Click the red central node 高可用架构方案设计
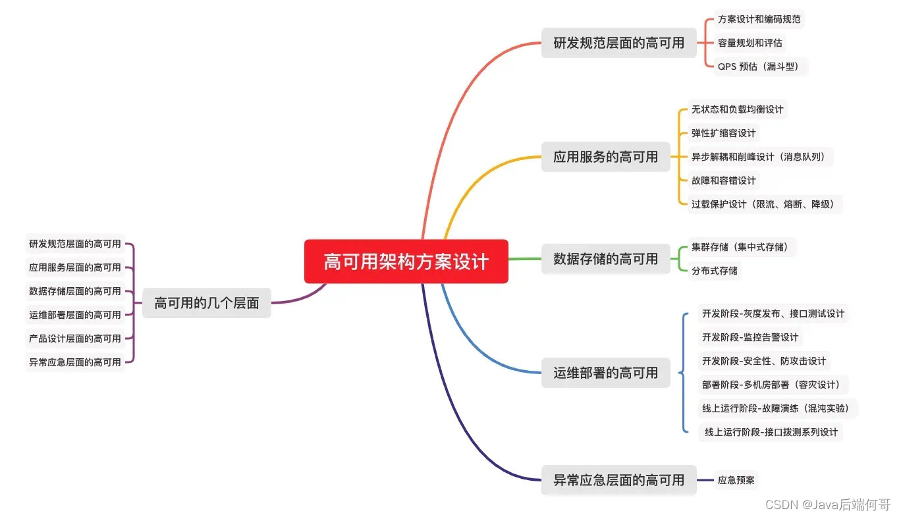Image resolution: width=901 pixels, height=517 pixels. click(x=406, y=261)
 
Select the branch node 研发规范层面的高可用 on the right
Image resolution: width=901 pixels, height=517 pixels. click(x=618, y=43)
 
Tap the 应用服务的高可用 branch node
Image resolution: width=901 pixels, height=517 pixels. click(x=605, y=157)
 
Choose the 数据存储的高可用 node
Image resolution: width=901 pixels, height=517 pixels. click(x=605, y=259)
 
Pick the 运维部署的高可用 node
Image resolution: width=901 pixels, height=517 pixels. click(x=605, y=373)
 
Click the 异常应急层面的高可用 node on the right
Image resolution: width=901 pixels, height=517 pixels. click(x=618, y=480)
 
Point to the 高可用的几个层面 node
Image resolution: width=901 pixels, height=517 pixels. click(x=207, y=303)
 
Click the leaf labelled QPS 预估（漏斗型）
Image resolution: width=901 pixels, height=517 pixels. click(x=760, y=67)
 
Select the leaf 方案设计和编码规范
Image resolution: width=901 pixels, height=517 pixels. click(x=759, y=19)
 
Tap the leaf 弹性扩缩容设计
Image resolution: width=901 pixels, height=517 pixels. click(x=723, y=133)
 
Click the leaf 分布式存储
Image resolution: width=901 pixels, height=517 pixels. click(x=714, y=271)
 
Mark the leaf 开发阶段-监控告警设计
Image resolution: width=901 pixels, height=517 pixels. click(x=750, y=337)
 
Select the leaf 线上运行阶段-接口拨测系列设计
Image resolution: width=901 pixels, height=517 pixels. click(x=771, y=432)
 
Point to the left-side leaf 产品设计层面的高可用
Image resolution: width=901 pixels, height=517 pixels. click(x=75, y=339)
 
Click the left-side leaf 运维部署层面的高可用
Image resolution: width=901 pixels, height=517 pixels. click(x=75, y=315)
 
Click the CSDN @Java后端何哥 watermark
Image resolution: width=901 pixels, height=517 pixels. click(x=827, y=504)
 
